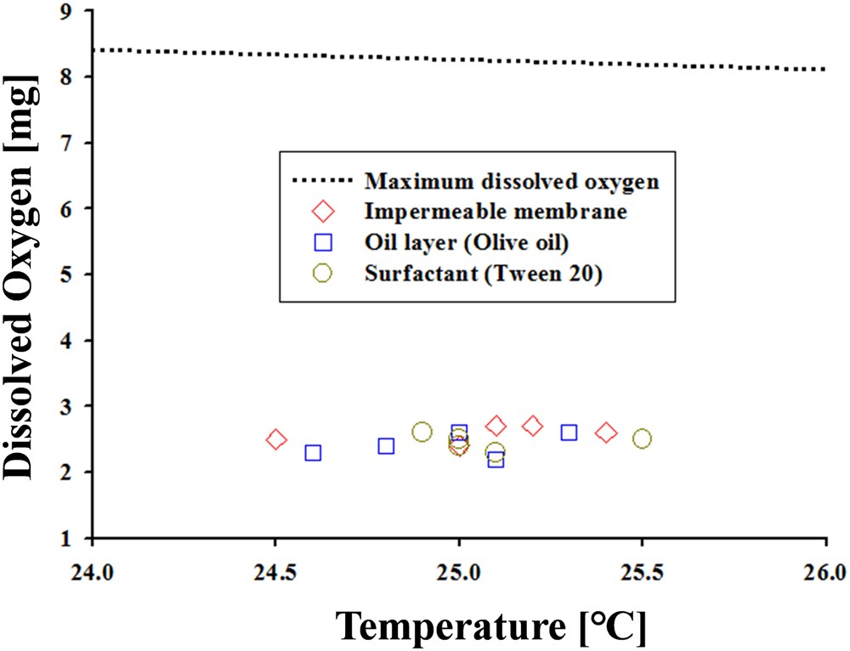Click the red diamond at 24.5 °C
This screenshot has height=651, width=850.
point(275,439)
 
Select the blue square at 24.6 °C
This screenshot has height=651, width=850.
point(313,453)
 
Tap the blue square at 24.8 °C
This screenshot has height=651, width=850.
point(386,446)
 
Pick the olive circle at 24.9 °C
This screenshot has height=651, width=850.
point(422,432)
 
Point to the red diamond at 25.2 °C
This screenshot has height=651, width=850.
point(533,426)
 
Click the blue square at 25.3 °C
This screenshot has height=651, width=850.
point(569,433)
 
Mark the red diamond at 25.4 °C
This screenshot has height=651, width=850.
point(606,433)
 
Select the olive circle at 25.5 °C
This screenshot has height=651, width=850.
point(642,439)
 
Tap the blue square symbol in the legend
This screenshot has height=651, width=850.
point(322,243)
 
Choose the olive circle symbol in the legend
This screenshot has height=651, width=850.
point(322,274)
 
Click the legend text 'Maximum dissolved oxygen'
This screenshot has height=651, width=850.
point(513,181)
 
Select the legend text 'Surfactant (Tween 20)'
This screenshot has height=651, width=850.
point(484,275)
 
